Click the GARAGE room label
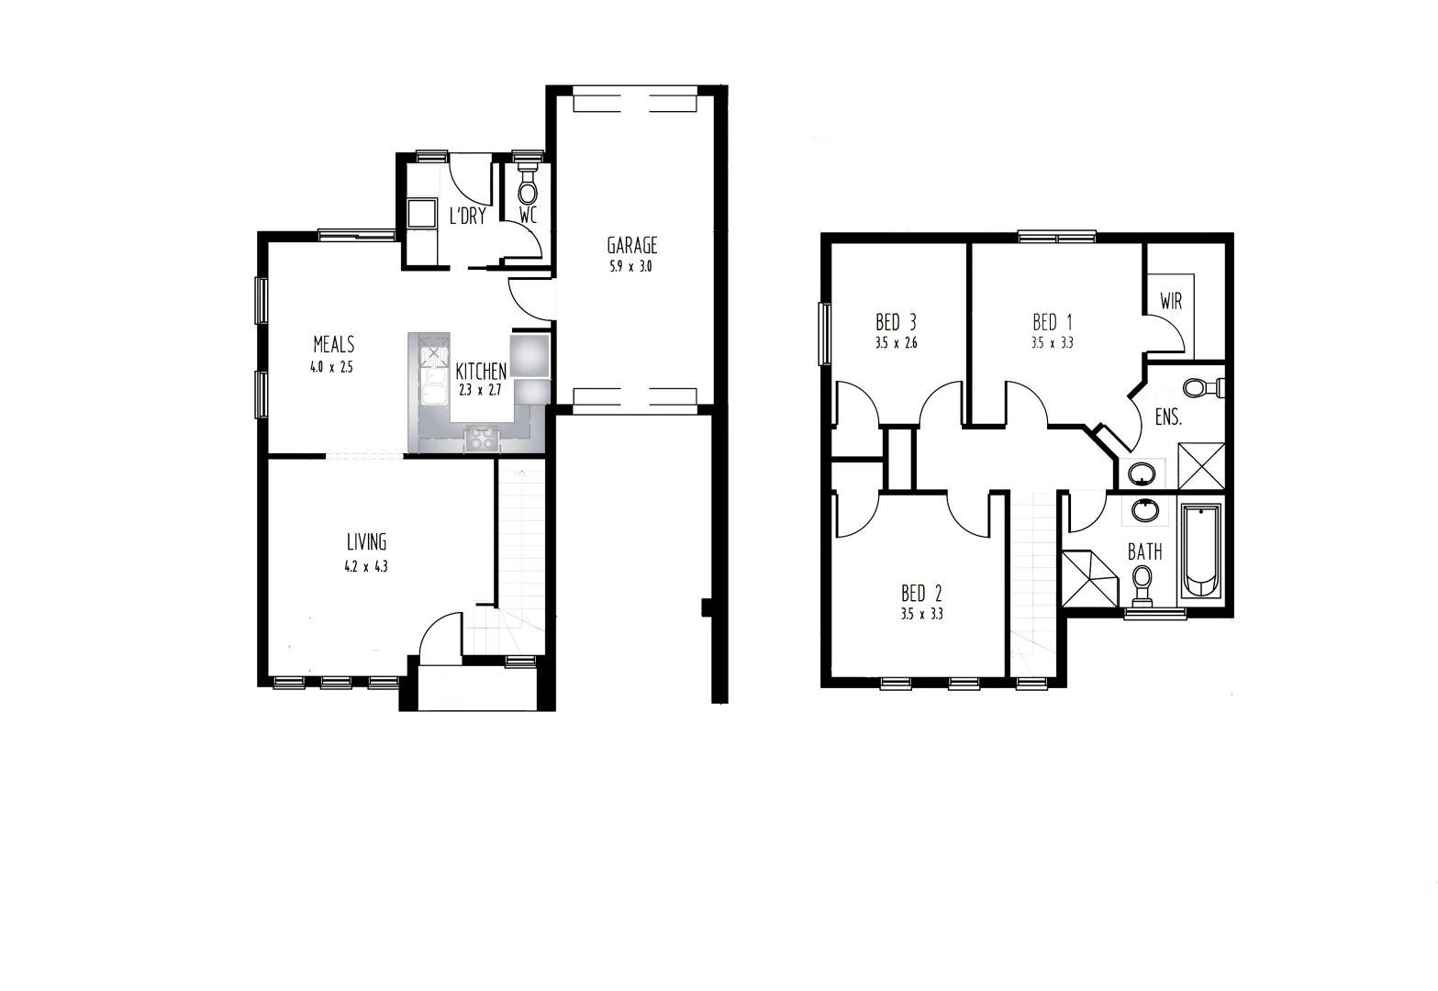(x=631, y=245)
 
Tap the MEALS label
(x=333, y=344)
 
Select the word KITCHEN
(x=481, y=372)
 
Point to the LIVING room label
(x=366, y=541)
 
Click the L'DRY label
(x=467, y=217)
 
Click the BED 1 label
(x=1052, y=322)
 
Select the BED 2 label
(x=921, y=592)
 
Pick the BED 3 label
(x=896, y=322)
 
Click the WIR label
(x=1171, y=301)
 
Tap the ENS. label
(x=1167, y=418)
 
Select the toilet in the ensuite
(x=1198, y=388)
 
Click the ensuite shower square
(x=1201, y=464)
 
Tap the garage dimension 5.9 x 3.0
(x=630, y=268)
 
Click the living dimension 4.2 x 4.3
(x=366, y=566)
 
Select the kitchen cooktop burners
(x=482, y=438)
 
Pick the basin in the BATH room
(x=1143, y=509)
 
